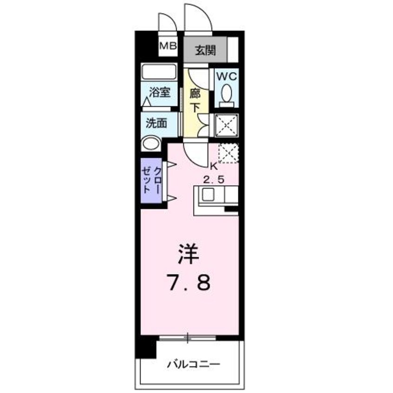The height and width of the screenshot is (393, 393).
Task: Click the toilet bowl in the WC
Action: pyautogui.click(x=226, y=94)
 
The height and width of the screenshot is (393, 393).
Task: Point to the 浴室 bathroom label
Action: pyautogui.click(x=160, y=92)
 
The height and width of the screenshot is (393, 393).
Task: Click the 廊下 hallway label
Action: pyautogui.click(x=195, y=99)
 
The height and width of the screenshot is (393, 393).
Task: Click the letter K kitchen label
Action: pyautogui.click(x=214, y=166)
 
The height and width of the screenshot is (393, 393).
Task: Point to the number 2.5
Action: pyautogui.click(x=215, y=179)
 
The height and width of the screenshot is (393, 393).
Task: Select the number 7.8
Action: pyautogui.click(x=190, y=282)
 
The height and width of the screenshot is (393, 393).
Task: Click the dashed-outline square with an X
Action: pyautogui.click(x=228, y=153)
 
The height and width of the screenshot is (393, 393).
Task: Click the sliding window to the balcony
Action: pyautogui.click(x=188, y=338)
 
